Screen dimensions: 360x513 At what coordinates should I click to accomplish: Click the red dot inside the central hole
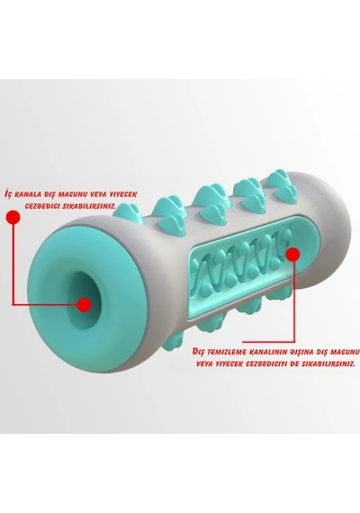click(84, 304)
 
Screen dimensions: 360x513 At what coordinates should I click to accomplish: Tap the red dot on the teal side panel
click(292, 254)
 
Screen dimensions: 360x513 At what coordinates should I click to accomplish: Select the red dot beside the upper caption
click(13, 217)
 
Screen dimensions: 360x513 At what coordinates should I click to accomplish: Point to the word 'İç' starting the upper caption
click(9, 193)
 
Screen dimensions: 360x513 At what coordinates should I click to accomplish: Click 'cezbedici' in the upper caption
click(41, 206)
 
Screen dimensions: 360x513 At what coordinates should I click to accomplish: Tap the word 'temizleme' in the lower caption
click(226, 352)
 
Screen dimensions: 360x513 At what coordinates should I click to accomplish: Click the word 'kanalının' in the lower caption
click(266, 352)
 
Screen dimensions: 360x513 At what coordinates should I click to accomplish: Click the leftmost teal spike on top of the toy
click(128, 212)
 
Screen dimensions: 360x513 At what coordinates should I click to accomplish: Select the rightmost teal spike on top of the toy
click(282, 184)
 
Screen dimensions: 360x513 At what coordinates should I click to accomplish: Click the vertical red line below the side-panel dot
click(294, 301)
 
